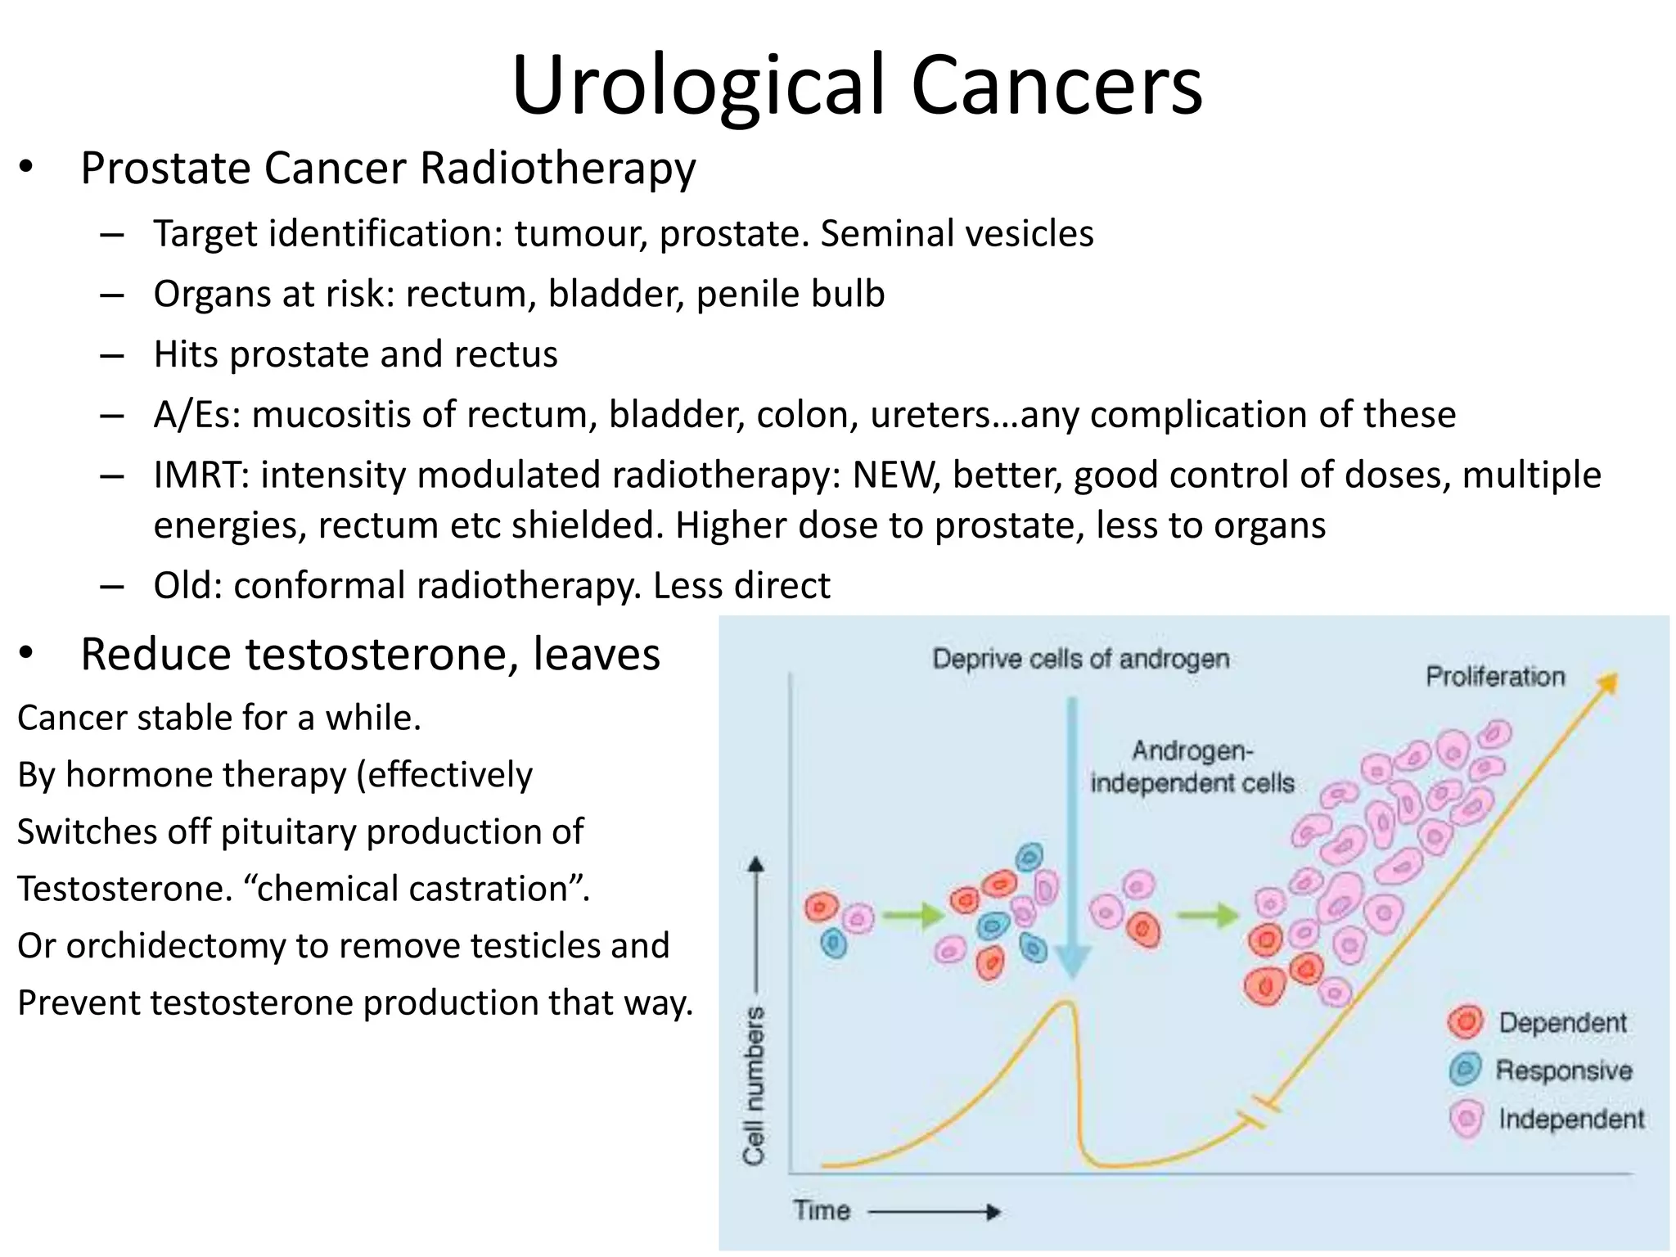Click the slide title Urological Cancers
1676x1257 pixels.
857,85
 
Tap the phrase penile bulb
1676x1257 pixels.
790,295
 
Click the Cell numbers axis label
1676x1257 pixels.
753,1084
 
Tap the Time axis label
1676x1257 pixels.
822,1210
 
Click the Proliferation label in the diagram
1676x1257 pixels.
1494,677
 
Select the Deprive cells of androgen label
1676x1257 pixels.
1080,659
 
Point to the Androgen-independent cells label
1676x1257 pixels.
1192,768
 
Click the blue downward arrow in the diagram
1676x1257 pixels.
1072,843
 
